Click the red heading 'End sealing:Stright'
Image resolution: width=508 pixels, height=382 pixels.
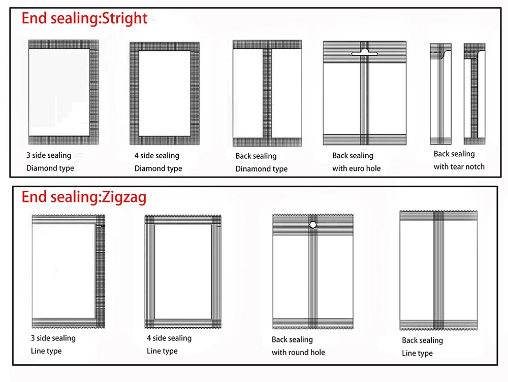pos(84,19)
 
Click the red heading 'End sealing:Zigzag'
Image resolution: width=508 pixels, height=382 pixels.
pos(84,197)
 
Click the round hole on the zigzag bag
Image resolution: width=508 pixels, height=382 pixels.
pos(313,224)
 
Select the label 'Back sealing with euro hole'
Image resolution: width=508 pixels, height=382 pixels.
pos(356,162)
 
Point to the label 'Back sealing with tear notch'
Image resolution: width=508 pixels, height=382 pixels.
pos(459,160)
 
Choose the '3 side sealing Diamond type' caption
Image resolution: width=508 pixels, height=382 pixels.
pos(50,161)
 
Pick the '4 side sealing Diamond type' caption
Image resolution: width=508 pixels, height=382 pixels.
pos(158,162)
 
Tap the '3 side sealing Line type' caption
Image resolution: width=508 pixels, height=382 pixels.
pos(53,344)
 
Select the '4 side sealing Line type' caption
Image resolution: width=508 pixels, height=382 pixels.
pos(169,344)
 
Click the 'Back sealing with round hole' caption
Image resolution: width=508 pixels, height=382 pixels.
pos(298,345)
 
